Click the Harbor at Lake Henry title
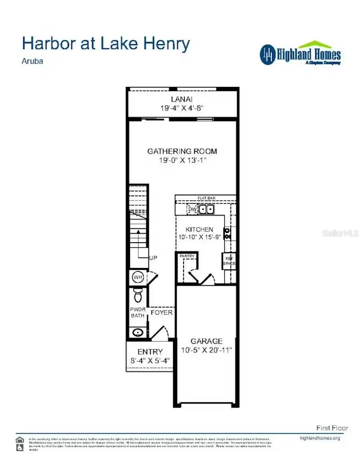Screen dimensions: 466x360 [106, 44]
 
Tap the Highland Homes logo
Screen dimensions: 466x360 [300, 54]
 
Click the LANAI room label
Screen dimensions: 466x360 [182, 99]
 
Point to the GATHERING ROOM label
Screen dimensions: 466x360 [182, 151]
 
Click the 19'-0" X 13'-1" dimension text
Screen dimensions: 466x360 [182, 160]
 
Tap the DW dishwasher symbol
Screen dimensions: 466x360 [192, 209]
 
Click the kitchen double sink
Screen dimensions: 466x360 [207, 209]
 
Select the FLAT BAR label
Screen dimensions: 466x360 [206, 198]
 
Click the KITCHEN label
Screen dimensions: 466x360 [199, 229]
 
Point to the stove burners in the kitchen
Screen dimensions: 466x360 [227, 233]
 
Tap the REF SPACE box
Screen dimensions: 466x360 [229, 261]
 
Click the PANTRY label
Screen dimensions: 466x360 [187, 256]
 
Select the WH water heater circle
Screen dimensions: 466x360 [138, 277]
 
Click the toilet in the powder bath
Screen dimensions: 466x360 [138, 295]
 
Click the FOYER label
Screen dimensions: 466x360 [162, 312]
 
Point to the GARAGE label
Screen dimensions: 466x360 [206, 341]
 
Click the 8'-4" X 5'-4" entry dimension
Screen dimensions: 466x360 [150, 360]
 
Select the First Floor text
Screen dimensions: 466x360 [332, 428]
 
